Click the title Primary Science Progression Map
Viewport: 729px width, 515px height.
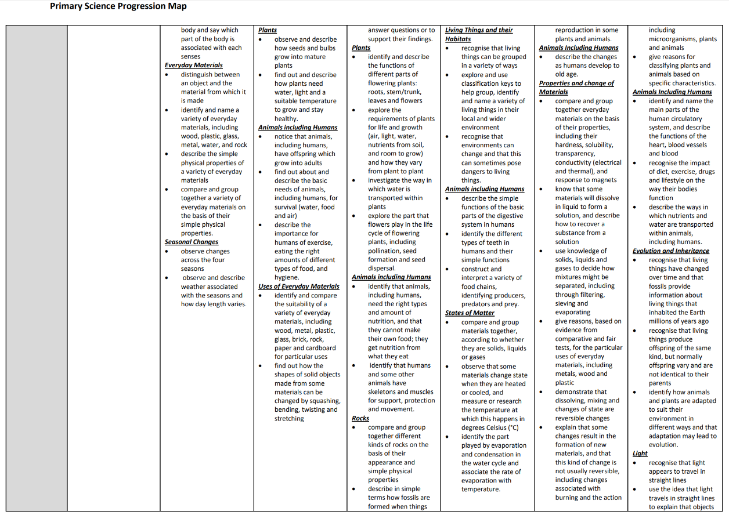(118, 6)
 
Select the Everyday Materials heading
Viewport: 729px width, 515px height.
(194, 66)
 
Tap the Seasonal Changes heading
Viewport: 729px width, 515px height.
(192, 242)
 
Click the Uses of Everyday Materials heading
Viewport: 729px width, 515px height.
(299, 286)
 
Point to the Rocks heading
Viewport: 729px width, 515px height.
(360, 418)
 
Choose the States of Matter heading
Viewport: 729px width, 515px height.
(470, 313)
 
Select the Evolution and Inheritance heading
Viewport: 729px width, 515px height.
(671, 251)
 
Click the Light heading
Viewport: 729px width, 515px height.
(640, 454)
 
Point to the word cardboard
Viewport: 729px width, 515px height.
(321, 348)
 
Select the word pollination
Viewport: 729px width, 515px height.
(385, 251)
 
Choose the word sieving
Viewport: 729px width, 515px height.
(567, 303)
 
